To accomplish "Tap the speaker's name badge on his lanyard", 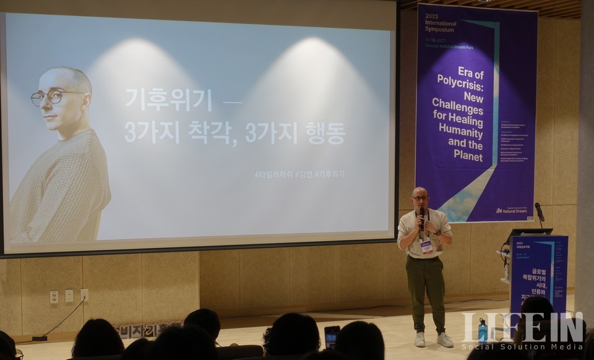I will pyautogui.click(x=427, y=247).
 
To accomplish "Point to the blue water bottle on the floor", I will pyautogui.click(x=483, y=331).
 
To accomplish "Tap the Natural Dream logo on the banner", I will pyautogui.click(x=512, y=210).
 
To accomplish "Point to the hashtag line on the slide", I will pyautogui.click(x=299, y=174).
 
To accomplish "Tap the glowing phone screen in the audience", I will pyautogui.click(x=332, y=336).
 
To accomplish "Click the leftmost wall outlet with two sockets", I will pyautogui.click(x=54, y=296).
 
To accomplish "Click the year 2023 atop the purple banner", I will pyautogui.click(x=432, y=16).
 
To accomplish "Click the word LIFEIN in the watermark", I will pyautogui.click(x=523, y=327).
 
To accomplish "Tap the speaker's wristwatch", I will pyautogui.click(x=437, y=233).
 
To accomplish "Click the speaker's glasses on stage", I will pyautogui.click(x=420, y=199).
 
